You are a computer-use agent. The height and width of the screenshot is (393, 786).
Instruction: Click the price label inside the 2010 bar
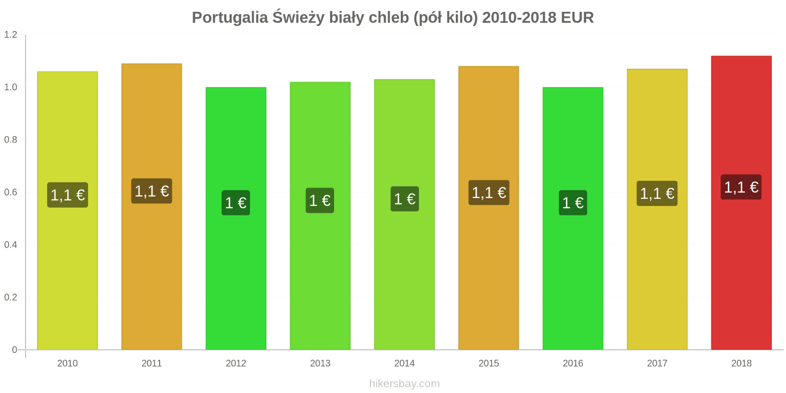[68, 195]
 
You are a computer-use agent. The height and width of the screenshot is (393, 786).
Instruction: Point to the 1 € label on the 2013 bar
[320, 200]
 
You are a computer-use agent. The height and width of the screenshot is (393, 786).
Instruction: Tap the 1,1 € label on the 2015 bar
[489, 193]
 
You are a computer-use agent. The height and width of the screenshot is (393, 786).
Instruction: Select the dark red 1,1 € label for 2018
[741, 187]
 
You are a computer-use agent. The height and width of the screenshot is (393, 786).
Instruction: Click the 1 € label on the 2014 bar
[405, 199]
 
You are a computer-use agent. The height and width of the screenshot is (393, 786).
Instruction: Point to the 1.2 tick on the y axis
[11, 35]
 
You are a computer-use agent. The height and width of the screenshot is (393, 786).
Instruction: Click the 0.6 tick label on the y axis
[11, 192]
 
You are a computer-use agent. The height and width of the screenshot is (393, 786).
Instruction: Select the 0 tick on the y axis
[15, 350]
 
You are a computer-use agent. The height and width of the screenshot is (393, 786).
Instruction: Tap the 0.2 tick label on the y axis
[11, 297]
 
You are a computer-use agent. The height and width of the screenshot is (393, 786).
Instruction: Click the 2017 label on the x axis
[657, 364]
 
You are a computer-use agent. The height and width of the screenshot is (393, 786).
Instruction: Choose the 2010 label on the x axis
[67, 364]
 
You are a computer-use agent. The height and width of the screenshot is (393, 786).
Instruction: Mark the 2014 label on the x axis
[404, 364]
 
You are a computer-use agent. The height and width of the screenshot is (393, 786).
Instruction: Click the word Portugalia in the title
[229, 18]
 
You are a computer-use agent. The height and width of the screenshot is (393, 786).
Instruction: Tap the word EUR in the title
[577, 18]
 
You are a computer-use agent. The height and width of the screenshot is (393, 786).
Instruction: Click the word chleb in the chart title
[389, 18]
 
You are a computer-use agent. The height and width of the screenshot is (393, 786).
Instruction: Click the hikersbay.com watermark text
[404, 384]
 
